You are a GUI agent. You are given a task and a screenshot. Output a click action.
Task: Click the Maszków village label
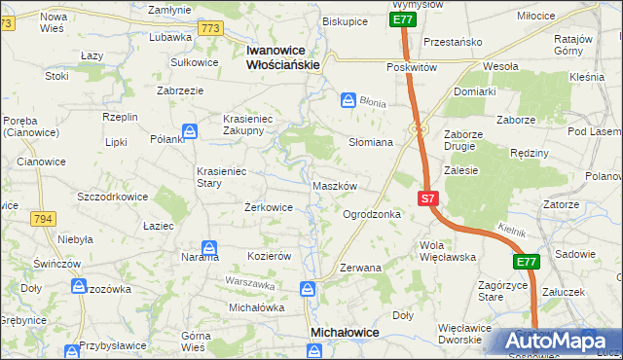[x=337, y=186]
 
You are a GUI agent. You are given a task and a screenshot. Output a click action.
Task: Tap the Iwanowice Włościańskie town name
[x=283, y=56]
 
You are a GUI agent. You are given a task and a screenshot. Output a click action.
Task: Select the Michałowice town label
[x=344, y=332]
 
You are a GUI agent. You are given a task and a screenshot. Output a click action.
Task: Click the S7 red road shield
[x=428, y=198]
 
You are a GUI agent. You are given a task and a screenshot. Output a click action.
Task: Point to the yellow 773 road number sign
[x=210, y=29]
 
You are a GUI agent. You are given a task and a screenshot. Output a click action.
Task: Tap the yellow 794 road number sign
[x=42, y=220]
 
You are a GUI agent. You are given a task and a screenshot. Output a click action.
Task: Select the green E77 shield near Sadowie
[x=527, y=262]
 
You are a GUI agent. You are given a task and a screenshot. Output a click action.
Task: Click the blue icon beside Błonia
[x=348, y=99]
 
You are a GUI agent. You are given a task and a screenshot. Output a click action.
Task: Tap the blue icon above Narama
[x=208, y=247]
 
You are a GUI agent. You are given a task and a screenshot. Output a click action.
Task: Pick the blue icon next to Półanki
[x=190, y=130]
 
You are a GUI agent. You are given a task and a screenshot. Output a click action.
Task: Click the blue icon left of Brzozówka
[x=79, y=286]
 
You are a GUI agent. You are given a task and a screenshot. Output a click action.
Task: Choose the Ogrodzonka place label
[x=372, y=214]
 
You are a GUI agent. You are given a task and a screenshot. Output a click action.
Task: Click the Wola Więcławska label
[x=446, y=251]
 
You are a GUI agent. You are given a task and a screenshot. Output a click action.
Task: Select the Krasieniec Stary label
[x=223, y=175]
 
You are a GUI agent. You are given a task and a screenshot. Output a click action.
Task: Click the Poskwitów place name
[x=412, y=67]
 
